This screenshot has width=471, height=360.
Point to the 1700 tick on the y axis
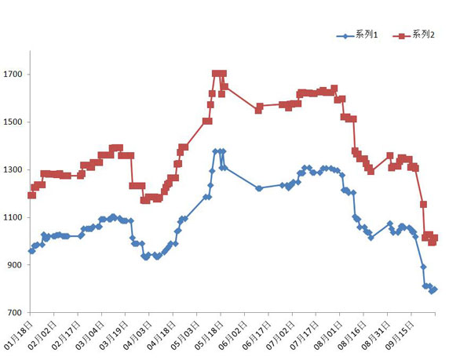(x=15, y=75)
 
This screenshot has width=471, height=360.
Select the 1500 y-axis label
(x=15, y=122)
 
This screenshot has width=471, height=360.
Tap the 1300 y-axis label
(x=15, y=170)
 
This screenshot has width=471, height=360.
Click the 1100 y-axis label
(x=15, y=218)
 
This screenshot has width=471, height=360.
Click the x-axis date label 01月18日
(x=20, y=333)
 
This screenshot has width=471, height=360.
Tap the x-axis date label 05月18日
(x=210, y=333)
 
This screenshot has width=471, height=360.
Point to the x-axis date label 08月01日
(x=330, y=333)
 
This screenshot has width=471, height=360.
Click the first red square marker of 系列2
(x=31, y=195)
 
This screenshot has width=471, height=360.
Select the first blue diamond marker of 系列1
(x=31, y=251)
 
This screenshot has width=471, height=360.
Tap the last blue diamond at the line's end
(x=434, y=289)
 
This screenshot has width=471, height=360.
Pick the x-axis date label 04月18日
(x=163, y=333)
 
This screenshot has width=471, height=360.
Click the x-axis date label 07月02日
(x=282, y=333)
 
